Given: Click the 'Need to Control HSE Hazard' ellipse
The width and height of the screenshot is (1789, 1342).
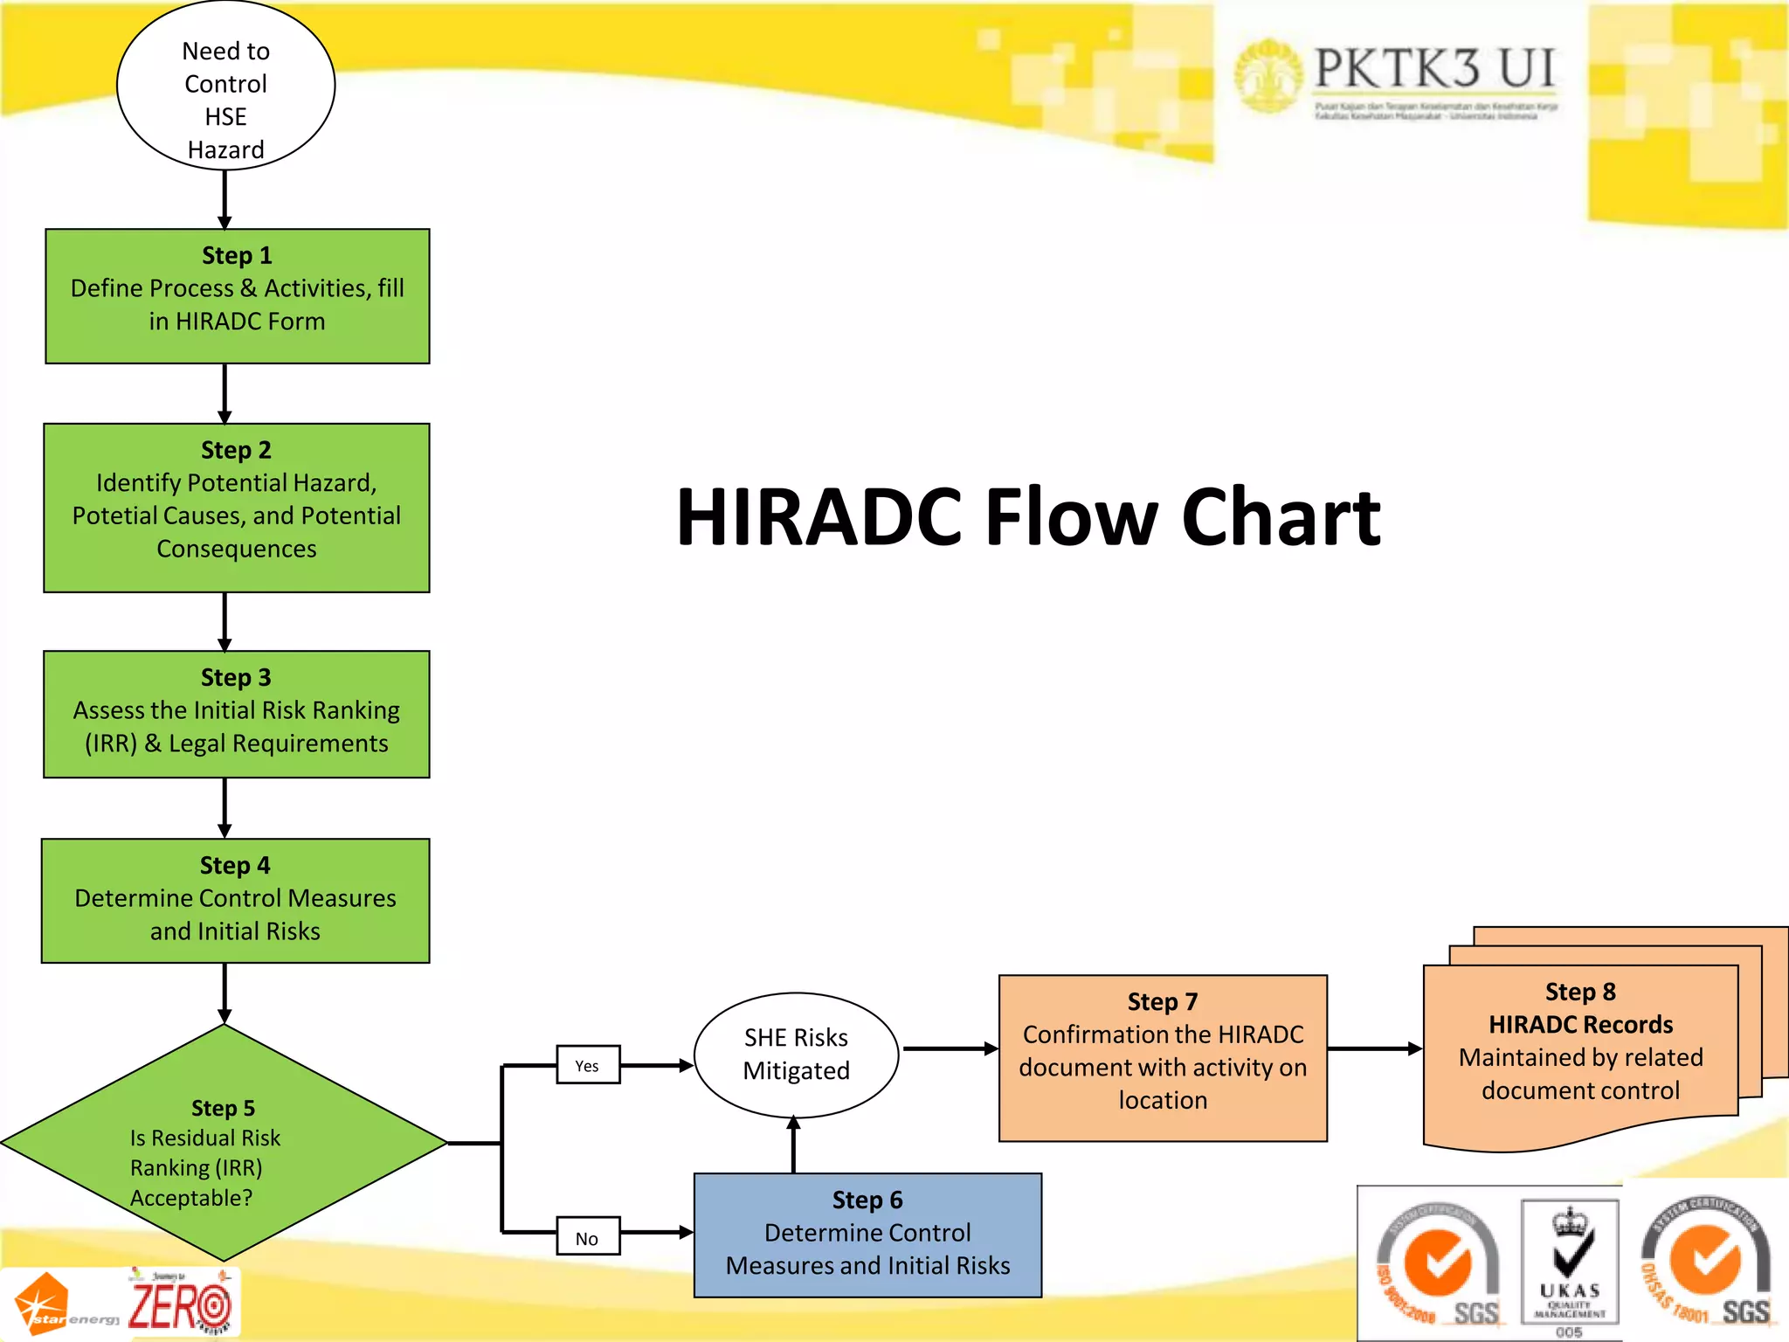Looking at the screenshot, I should coord(225,87).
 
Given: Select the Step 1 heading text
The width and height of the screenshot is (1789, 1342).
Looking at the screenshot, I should coord(237,256).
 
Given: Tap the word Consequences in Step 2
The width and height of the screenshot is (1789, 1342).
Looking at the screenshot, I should coord(237,549).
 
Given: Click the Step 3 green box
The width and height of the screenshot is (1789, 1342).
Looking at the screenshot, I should coord(237,715).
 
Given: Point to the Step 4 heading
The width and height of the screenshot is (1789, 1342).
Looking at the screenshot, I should coord(235,866).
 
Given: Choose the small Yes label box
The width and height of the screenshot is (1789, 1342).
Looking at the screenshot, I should coord(588,1065).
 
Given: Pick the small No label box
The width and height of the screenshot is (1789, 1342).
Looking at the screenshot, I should coord(588,1237).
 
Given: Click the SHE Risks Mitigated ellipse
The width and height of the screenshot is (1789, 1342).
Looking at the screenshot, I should coord(796,1055).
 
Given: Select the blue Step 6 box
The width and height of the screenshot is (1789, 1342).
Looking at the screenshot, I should coord(867,1235).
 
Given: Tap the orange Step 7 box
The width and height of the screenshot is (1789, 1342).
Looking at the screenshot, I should coord(1162,1058).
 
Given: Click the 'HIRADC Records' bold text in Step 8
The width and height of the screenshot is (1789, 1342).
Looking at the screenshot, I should coord(1580,1024).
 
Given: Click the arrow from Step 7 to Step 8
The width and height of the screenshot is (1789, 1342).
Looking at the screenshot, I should coord(1374,1048).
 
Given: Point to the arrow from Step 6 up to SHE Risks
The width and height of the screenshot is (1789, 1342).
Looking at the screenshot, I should coord(793,1145).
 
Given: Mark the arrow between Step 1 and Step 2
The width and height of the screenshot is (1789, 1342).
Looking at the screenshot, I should coord(224,393).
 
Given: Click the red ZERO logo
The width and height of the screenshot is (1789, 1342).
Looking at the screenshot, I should coord(181,1304).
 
